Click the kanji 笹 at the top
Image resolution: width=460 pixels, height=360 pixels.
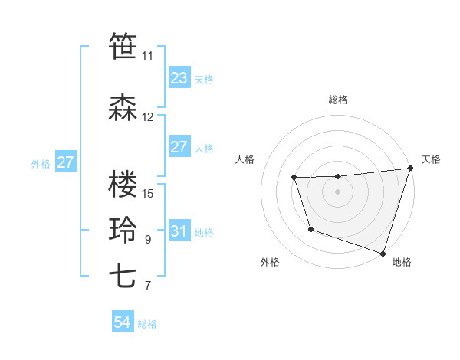pos(123,46)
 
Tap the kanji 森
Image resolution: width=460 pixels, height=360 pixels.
pos(123,108)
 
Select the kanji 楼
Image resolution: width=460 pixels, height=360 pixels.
pos(123,185)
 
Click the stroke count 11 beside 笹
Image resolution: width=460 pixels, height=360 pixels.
pos(147,56)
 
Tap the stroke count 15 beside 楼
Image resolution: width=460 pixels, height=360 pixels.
pos(148,194)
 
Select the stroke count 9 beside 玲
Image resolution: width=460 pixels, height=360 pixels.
pos(148,240)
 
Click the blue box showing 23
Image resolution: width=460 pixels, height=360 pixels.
pos(179,77)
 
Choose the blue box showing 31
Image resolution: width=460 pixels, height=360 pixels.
pos(179,231)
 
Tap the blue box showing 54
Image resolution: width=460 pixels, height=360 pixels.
pos(122,323)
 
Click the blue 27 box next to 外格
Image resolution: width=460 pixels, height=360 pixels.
pos(65,162)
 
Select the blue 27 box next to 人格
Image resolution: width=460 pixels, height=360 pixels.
pos(179,147)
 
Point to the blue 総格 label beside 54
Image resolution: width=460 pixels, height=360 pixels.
pos(147,324)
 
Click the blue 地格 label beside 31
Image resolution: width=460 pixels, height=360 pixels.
pos(205,232)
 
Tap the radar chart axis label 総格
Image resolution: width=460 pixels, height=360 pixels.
pos(337,100)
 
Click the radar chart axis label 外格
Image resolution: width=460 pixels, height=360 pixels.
pos(270,263)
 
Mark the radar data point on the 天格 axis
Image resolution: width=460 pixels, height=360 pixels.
pos(409,169)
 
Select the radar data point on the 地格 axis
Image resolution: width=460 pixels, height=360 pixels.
pos(383,253)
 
